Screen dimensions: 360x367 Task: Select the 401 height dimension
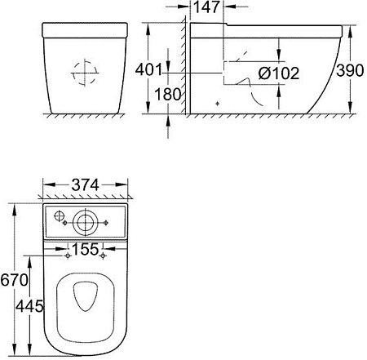[x=160, y=69]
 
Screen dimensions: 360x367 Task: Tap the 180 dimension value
[x=161, y=95]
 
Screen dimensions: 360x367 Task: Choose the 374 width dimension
[x=85, y=185]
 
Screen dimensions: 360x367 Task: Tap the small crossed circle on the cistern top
[x=58, y=217]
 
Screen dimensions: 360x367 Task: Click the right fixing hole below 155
[x=104, y=256]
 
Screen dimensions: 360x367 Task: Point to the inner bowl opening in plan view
[x=85, y=301]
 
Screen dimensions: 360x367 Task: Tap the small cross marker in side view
[x=217, y=104]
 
